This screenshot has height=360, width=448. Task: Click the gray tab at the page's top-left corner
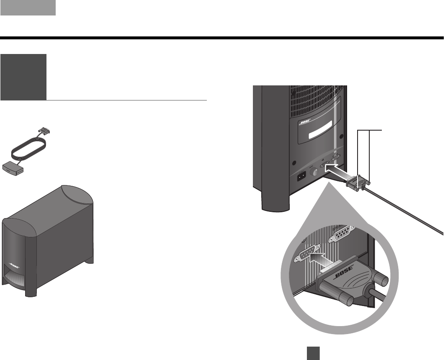[x=28, y=8]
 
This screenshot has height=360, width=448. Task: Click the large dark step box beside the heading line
[x=23, y=77]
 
